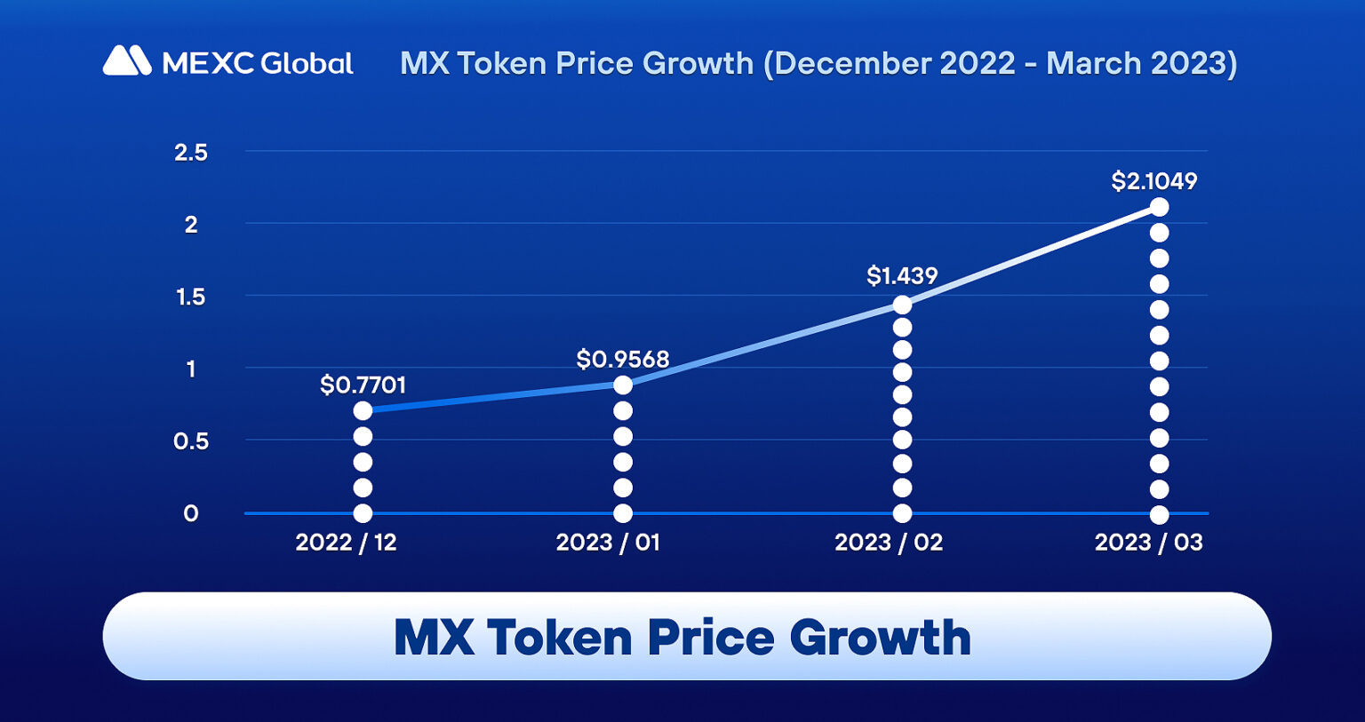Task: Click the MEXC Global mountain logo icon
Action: (x=127, y=60)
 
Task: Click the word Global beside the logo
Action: (x=307, y=63)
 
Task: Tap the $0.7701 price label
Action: (x=363, y=385)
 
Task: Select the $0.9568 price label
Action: (x=622, y=359)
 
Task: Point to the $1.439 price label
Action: (x=901, y=275)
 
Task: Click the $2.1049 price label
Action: (x=1153, y=181)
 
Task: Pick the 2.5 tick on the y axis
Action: (x=190, y=153)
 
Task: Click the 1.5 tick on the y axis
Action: (x=190, y=297)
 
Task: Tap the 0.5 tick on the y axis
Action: (x=190, y=440)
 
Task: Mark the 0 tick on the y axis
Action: (x=190, y=513)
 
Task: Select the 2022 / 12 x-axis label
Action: (x=346, y=543)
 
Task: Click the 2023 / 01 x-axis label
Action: (x=608, y=543)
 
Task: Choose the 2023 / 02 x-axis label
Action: (x=888, y=543)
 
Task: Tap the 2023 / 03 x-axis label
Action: (x=1148, y=543)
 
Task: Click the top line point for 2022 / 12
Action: (x=363, y=410)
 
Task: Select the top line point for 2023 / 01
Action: (x=623, y=385)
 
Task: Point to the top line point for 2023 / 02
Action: (x=902, y=305)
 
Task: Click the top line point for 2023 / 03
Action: (x=1159, y=207)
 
